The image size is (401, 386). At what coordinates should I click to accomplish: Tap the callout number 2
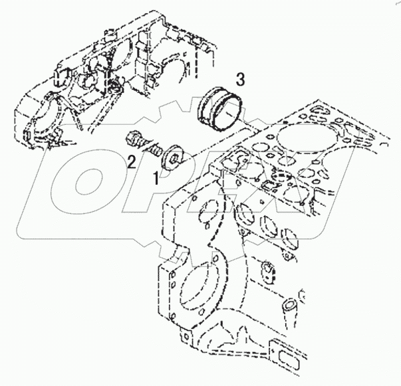tap(132, 161)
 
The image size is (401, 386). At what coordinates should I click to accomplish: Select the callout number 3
tap(240, 80)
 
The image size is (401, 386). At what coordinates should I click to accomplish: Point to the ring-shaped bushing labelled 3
tap(220, 108)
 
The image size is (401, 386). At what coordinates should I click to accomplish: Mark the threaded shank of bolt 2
tap(152, 148)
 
